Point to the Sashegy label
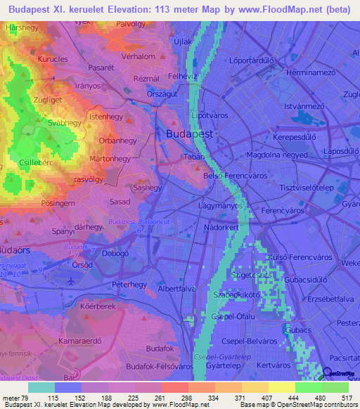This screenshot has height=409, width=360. (x=148, y=188)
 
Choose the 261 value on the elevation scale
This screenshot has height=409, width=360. (x=160, y=398)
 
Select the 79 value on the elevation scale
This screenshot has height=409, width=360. (x=27, y=398)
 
